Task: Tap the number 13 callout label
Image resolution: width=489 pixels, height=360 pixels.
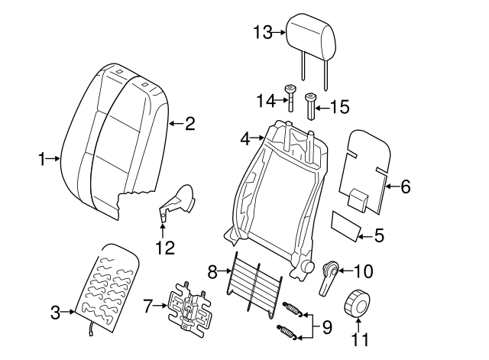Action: pos(262,31)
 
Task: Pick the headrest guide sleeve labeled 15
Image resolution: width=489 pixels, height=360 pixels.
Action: pos(311,105)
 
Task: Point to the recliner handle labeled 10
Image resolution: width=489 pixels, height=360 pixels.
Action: pos(330,277)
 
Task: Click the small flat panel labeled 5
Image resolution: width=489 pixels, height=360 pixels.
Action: pos(346,226)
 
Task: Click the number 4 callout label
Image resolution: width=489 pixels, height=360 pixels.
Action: pos(245,139)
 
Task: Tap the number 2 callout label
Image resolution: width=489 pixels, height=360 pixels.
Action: pos(190,123)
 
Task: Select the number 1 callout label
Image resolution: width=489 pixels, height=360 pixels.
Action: pos(42,159)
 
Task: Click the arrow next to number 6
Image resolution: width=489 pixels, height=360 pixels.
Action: pos(389,186)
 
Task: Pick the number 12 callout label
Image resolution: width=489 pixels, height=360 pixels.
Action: pos(164,248)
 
